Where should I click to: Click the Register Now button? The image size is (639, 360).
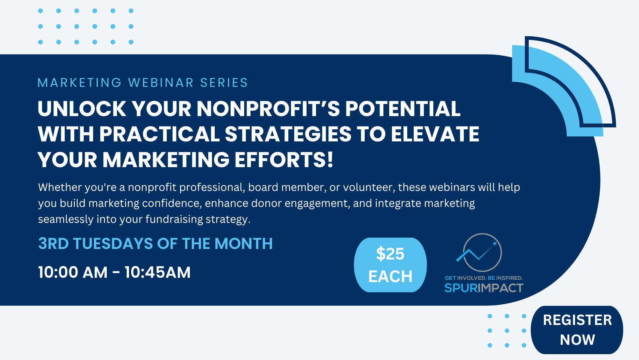coord(577,330)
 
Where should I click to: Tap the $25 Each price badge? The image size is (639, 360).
coord(390,265)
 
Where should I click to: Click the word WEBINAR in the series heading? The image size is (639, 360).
coord(161,83)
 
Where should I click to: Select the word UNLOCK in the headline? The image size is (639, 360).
coord(82,109)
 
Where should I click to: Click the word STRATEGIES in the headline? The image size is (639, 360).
coord(288,134)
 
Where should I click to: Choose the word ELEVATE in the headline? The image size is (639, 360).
coord(435,134)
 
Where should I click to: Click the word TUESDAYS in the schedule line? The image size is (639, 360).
coord(113,244)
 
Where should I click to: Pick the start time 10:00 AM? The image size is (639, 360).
coord(72,272)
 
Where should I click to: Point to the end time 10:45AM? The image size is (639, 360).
coord(157,272)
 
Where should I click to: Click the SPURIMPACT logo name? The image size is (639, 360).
coord(484,288)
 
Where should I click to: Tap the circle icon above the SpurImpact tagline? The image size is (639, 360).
coord(482,252)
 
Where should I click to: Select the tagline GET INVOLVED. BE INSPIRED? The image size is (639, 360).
coord(484,278)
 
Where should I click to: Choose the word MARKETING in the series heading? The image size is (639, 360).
coord(79,83)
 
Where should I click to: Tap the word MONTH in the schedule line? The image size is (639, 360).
coord(244,244)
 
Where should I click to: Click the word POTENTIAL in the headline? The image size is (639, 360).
coord(402,109)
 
